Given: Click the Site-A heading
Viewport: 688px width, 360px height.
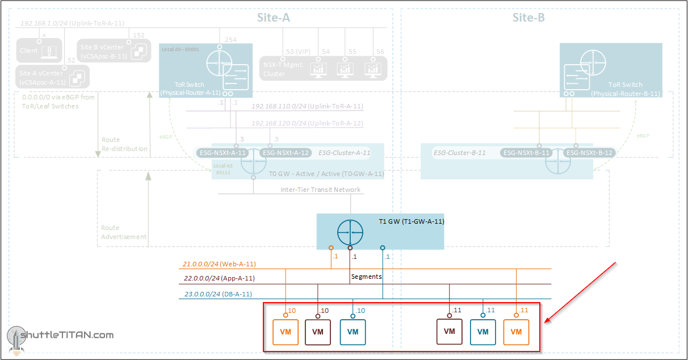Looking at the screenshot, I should click(274, 18).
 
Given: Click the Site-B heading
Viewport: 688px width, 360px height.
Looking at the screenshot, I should click(528, 18).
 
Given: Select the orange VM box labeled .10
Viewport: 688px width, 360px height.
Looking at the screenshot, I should click(286, 332).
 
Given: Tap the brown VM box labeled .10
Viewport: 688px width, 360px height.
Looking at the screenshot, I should click(318, 332).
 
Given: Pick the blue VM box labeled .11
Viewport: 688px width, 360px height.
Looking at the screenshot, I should click(483, 332).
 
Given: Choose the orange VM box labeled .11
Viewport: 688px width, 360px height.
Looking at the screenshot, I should click(516, 332).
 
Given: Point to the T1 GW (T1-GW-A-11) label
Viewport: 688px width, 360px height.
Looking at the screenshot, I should click(411, 221).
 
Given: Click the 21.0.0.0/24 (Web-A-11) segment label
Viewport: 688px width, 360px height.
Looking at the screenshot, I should click(219, 264).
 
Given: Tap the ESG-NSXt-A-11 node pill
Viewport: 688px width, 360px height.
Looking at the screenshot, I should click(223, 153).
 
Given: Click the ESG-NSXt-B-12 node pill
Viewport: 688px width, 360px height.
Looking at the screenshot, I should click(590, 153).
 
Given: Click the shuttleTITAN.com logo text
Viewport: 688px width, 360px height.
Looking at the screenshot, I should click(67, 335).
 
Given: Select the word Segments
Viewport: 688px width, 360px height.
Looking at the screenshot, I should click(367, 277).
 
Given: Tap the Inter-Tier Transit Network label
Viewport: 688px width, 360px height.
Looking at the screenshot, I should click(320, 190).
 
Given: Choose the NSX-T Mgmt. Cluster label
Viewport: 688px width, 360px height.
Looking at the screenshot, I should click(284, 69).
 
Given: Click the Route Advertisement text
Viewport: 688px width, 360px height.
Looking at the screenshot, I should click(124, 232).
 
